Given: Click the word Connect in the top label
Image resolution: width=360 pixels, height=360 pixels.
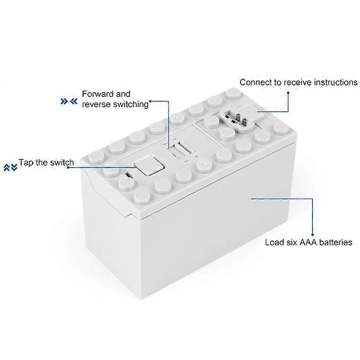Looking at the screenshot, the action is point(255,83).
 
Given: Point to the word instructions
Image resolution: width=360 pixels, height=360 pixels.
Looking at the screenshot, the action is point(336,83).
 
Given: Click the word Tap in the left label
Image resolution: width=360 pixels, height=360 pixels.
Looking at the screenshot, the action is point(26,163).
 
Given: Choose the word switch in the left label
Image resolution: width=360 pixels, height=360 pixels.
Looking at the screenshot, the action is point(62,162).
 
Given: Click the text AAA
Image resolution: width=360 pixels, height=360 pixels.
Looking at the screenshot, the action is point(308,242).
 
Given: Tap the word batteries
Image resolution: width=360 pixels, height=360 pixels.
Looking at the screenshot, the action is point(336,242).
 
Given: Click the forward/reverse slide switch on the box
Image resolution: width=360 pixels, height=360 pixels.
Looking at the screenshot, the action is point(180,150).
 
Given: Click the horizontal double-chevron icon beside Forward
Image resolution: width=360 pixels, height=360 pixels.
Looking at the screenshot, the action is point(69,101).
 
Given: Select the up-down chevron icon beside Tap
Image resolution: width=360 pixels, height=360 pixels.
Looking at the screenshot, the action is point(11,168).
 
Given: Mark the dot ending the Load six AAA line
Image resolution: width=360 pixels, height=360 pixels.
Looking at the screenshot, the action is point(312,234).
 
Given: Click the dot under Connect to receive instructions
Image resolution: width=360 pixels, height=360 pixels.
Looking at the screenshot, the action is point(288,93).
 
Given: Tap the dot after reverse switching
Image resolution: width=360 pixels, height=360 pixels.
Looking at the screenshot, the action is point(150,101).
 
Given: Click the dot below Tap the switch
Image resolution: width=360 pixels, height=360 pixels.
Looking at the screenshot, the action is point(68,168).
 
